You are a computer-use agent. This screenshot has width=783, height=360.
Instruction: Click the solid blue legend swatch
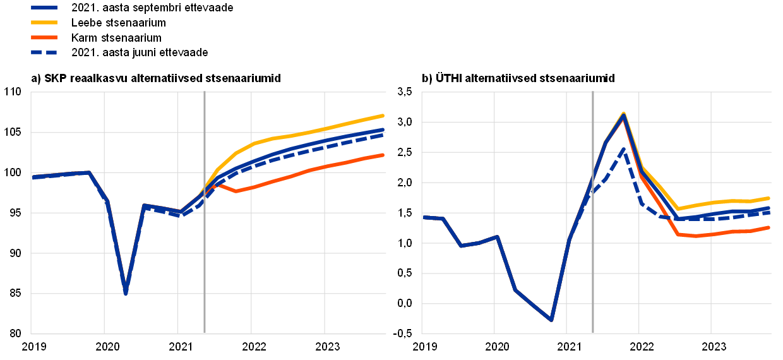44,8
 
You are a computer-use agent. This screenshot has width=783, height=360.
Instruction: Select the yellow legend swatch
44,22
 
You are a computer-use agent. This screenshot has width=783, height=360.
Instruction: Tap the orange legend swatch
44,37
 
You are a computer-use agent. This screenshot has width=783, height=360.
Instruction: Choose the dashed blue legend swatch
44,52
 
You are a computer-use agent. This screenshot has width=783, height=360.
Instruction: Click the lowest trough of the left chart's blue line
126,292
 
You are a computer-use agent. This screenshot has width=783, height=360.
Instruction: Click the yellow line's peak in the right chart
624,112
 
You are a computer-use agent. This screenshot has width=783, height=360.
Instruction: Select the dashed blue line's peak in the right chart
623,149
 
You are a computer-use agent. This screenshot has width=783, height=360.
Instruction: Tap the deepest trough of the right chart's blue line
551,320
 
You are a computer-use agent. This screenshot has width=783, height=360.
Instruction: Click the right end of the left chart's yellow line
383,116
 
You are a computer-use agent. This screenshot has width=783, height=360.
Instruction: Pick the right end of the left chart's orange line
383,155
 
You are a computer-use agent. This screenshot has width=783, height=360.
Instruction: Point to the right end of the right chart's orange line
768,227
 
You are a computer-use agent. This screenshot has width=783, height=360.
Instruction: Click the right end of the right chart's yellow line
768,198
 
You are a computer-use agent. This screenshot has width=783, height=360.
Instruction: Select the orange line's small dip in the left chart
236,191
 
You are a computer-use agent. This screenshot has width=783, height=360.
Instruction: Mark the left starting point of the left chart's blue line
33,177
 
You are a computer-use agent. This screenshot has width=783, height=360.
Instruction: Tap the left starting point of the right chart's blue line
424,217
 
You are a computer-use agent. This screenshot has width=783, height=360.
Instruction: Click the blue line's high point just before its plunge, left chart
88,172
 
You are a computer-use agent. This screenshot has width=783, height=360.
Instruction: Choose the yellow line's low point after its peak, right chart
678,208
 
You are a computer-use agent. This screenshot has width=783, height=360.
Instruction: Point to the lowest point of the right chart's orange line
695,236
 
